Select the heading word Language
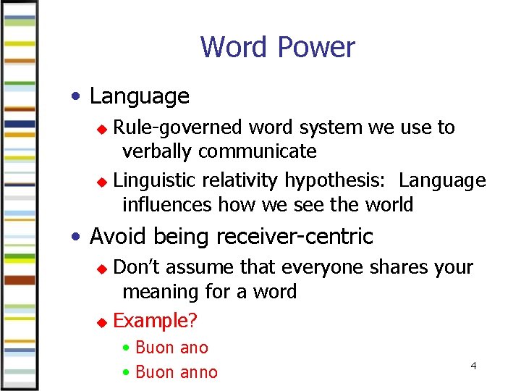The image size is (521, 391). [x=140, y=96]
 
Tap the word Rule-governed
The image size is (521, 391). [x=178, y=127]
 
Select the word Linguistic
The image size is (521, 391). [x=156, y=180]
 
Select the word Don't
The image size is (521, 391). [x=139, y=267]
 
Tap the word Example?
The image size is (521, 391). [x=156, y=321]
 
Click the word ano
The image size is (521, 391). [x=194, y=348]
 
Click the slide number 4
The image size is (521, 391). [x=473, y=366]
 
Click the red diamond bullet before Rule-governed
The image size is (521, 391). [x=102, y=129]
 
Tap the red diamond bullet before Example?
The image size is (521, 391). [x=102, y=321]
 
